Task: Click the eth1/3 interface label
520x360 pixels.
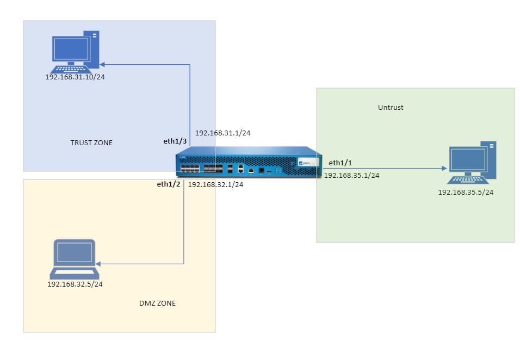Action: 175,141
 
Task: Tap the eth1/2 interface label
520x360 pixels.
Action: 168,184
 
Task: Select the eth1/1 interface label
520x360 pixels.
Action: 340,163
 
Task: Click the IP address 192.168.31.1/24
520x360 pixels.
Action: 222,133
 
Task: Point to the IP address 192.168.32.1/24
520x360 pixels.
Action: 215,185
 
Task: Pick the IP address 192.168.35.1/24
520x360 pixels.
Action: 352,175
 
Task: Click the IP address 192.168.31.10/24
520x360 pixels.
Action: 75,77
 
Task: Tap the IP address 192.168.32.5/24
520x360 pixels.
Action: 75,284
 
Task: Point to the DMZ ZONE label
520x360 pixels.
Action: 158,303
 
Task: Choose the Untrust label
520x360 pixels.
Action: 391,108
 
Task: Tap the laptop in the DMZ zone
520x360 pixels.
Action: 73,259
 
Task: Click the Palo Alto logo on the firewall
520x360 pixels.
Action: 307,162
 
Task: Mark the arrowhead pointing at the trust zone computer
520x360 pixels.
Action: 102,64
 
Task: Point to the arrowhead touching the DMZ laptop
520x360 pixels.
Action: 100,265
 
